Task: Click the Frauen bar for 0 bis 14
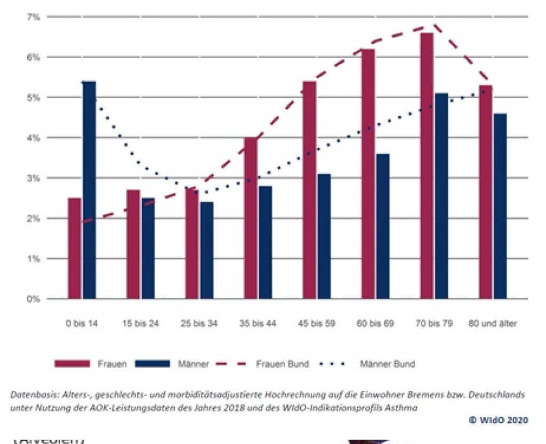(x=75, y=248)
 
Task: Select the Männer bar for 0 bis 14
(x=89, y=190)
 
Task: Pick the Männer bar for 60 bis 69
(x=382, y=226)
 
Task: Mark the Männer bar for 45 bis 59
(x=324, y=236)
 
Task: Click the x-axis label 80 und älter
(x=493, y=324)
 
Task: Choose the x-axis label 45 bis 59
(x=317, y=324)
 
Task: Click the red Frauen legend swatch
(x=73, y=364)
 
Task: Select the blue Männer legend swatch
(x=151, y=364)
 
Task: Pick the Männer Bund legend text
(x=387, y=364)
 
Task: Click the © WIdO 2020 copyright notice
(x=499, y=420)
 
